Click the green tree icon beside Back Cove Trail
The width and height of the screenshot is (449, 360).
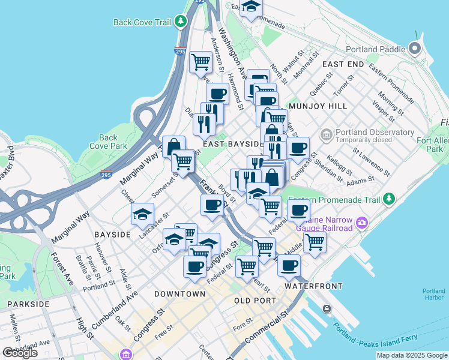pos(181,22)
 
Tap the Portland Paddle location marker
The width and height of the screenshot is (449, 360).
pos(414,49)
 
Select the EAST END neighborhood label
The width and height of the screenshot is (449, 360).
pos(343,64)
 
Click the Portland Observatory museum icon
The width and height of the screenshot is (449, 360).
pos(327,133)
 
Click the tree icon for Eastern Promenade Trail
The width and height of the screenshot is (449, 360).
pos(390,197)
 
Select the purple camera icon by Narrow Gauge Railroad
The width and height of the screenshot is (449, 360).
pos(361,224)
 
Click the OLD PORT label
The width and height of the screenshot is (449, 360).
pos(255,300)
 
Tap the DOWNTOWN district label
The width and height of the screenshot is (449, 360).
pos(179,294)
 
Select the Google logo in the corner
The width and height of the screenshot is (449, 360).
pos(20,353)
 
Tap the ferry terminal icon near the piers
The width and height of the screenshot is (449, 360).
pos(326,308)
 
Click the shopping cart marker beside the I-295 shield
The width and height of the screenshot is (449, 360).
pos(200,61)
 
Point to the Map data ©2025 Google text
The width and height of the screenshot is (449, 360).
pos(411,355)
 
